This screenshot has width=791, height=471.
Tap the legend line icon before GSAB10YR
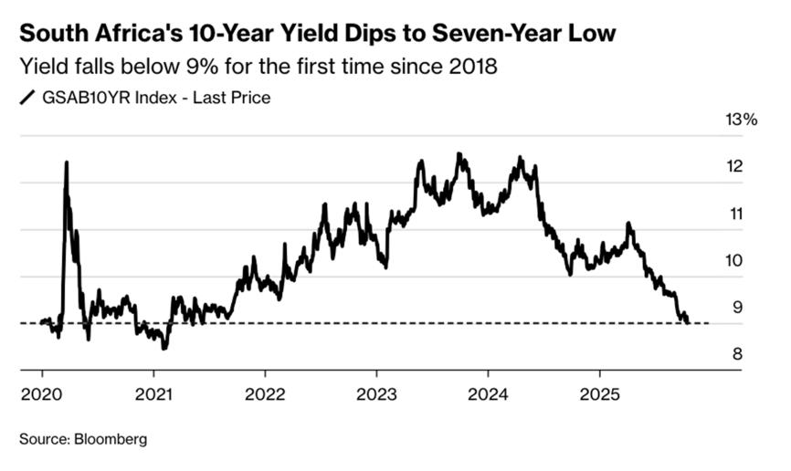click(27, 99)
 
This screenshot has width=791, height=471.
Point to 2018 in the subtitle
click(475, 68)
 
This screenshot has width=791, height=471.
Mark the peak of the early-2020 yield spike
click(66, 162)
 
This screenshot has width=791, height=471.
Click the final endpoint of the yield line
click(688, 322)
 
